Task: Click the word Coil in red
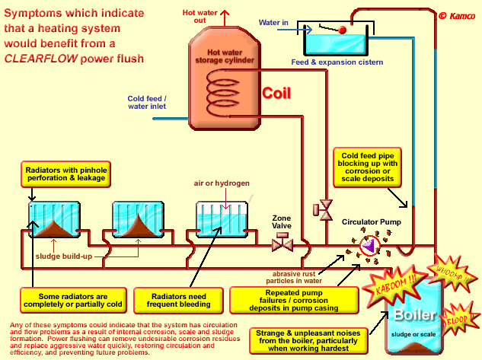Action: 277,94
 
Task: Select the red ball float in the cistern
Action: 343,30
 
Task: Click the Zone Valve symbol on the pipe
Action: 282,244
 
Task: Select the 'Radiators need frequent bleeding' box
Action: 174,298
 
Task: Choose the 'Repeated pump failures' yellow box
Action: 282,298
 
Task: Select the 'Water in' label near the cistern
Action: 273,23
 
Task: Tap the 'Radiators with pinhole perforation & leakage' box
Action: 66,174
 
